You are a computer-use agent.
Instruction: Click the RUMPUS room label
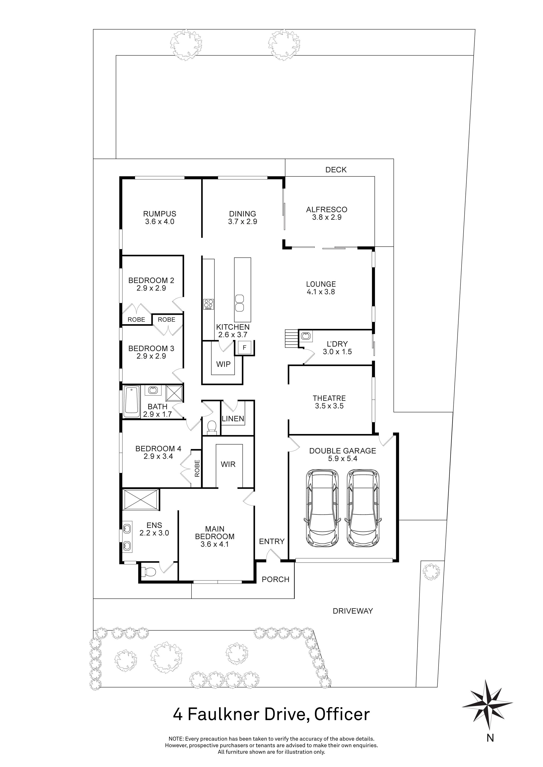[160, 214]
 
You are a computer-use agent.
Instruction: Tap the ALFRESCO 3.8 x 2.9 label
[327, 213]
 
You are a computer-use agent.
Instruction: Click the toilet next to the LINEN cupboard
[211, 427]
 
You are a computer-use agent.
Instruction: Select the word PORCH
[276, 579]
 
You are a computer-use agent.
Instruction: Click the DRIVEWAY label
[353, 611]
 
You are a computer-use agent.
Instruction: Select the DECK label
[336, 170]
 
